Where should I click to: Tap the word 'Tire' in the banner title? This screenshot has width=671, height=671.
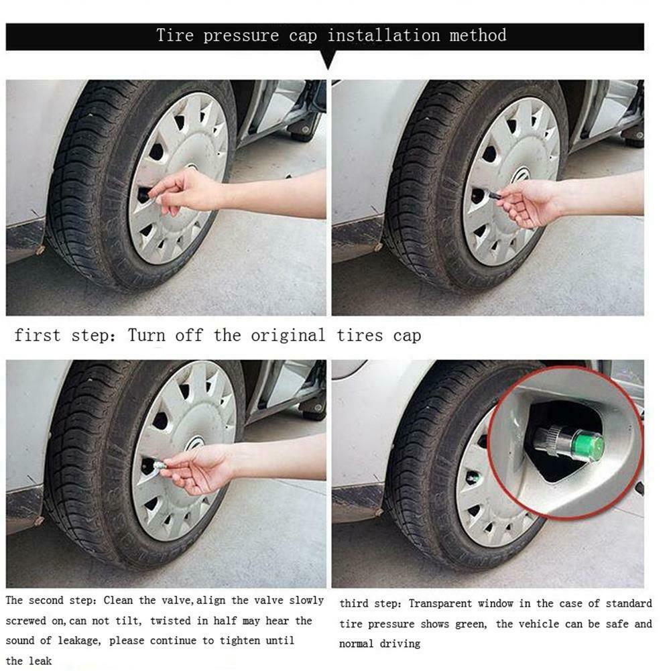[176, 35]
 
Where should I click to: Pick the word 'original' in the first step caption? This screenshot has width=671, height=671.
[288, 335]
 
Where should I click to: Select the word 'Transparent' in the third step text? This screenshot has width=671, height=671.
[442, 604]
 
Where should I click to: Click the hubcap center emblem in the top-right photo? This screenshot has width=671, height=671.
[522, 176]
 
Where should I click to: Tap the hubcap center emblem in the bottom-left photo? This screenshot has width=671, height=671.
[195, 444]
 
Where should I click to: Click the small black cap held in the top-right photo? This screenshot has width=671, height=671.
[493, 195]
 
